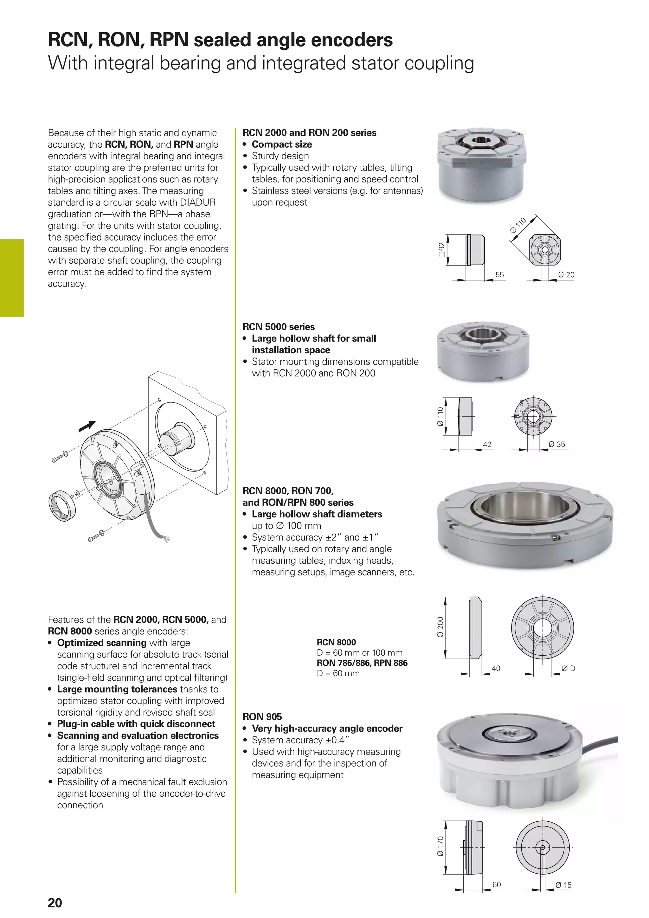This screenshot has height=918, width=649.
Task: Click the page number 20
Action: coord(55,903)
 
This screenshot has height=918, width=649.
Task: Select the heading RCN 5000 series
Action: coord(279,327)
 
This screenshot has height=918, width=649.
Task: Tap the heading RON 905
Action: coord(262,716)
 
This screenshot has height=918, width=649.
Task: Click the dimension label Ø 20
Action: coord(566,275)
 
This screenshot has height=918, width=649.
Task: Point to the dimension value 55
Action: coord(499,275)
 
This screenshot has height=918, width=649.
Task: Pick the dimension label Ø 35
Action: coord(557,444)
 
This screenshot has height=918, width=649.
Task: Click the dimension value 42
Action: coord(487,444)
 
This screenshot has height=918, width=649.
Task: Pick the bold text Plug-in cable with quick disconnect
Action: coord(136,724)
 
